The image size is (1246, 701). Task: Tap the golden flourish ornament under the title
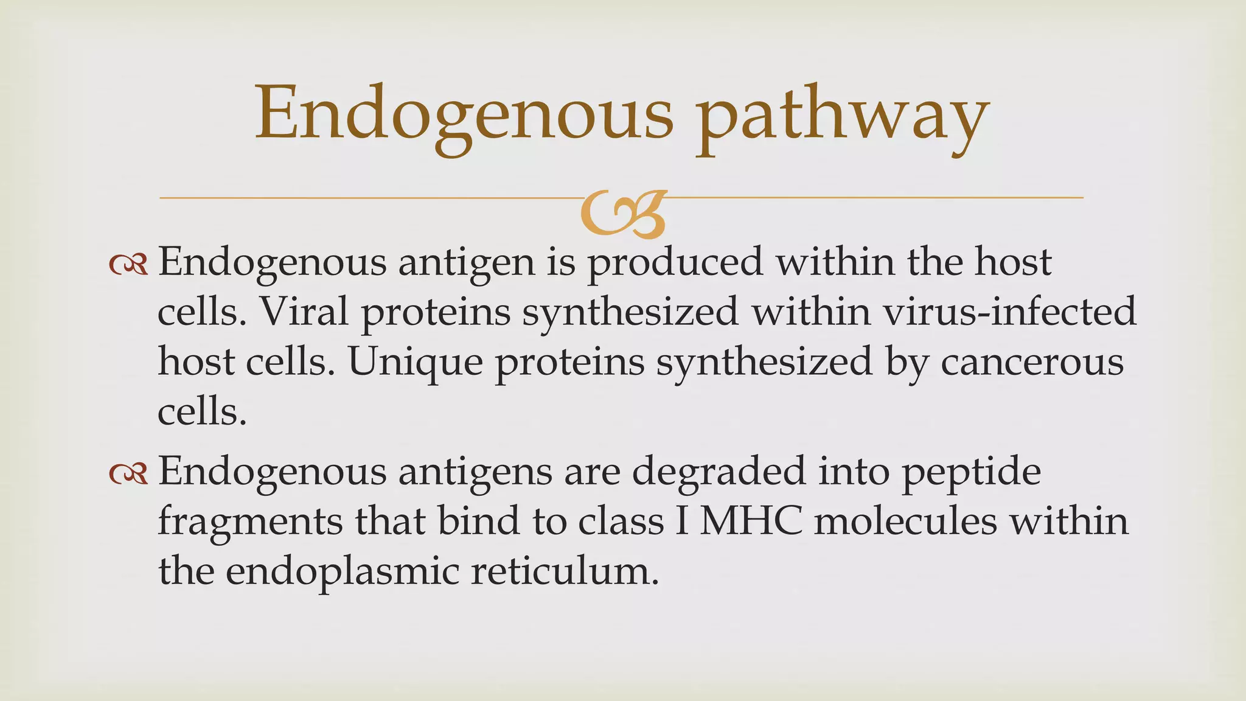(x=623, y=213)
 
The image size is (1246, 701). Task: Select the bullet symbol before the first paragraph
(x=128, y=265)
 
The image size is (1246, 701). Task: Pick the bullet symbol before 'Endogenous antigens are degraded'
(x=128, y=474)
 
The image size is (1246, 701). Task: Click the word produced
(x=675, y=263)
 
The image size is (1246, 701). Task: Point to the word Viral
(x=304, y=312)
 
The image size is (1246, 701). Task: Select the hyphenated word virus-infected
(x=1009, y=312)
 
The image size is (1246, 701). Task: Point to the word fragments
(x=250, y=523)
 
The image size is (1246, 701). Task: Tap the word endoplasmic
(x=342, y=572)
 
